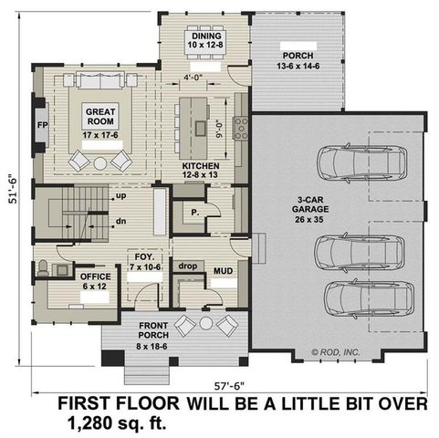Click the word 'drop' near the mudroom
189,266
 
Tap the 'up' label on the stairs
120,195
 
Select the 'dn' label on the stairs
120,221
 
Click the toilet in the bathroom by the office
42,269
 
